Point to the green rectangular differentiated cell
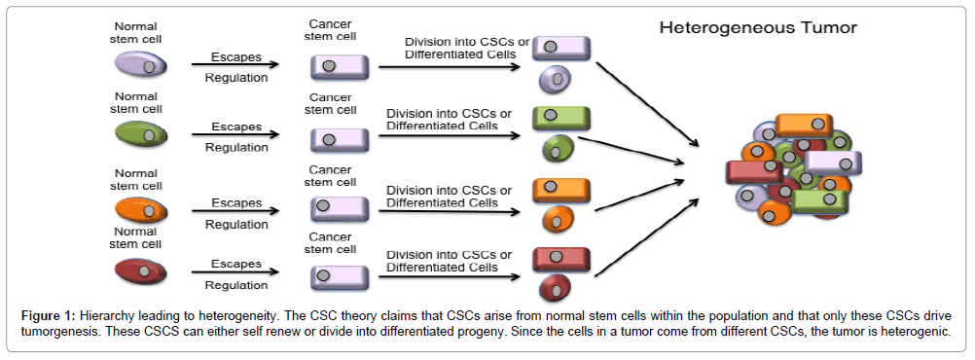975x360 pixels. point(561,119)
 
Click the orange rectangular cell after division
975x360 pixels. point(561,189)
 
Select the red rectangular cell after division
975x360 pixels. point(561,259)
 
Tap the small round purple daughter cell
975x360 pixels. point(556,78)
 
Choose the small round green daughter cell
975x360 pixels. point(556,149)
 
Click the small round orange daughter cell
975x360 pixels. point(556,218)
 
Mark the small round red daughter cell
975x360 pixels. point(554,288)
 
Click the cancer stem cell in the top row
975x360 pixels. point(340,67)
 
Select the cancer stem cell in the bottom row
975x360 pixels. point(340,277)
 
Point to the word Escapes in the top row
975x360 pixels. point(235,56)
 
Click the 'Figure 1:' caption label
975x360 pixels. point(51,317)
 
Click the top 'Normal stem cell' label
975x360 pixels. point(136,32)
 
